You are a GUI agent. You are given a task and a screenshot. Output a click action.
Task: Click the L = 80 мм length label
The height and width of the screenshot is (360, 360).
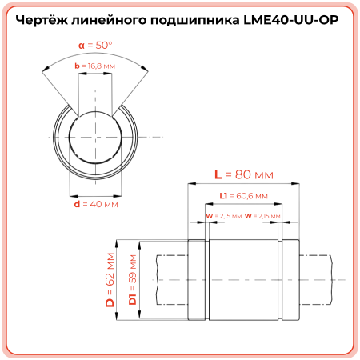click(x=244, y=174)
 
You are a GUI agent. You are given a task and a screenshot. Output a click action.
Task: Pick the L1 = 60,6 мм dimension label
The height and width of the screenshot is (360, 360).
click(x=243, y=195)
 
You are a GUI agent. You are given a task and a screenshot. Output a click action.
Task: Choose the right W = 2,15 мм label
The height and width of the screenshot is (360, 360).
click(x=263, y=216)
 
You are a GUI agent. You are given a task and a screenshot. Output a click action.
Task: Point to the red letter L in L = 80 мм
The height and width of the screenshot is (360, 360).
click(x=218, y=174)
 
